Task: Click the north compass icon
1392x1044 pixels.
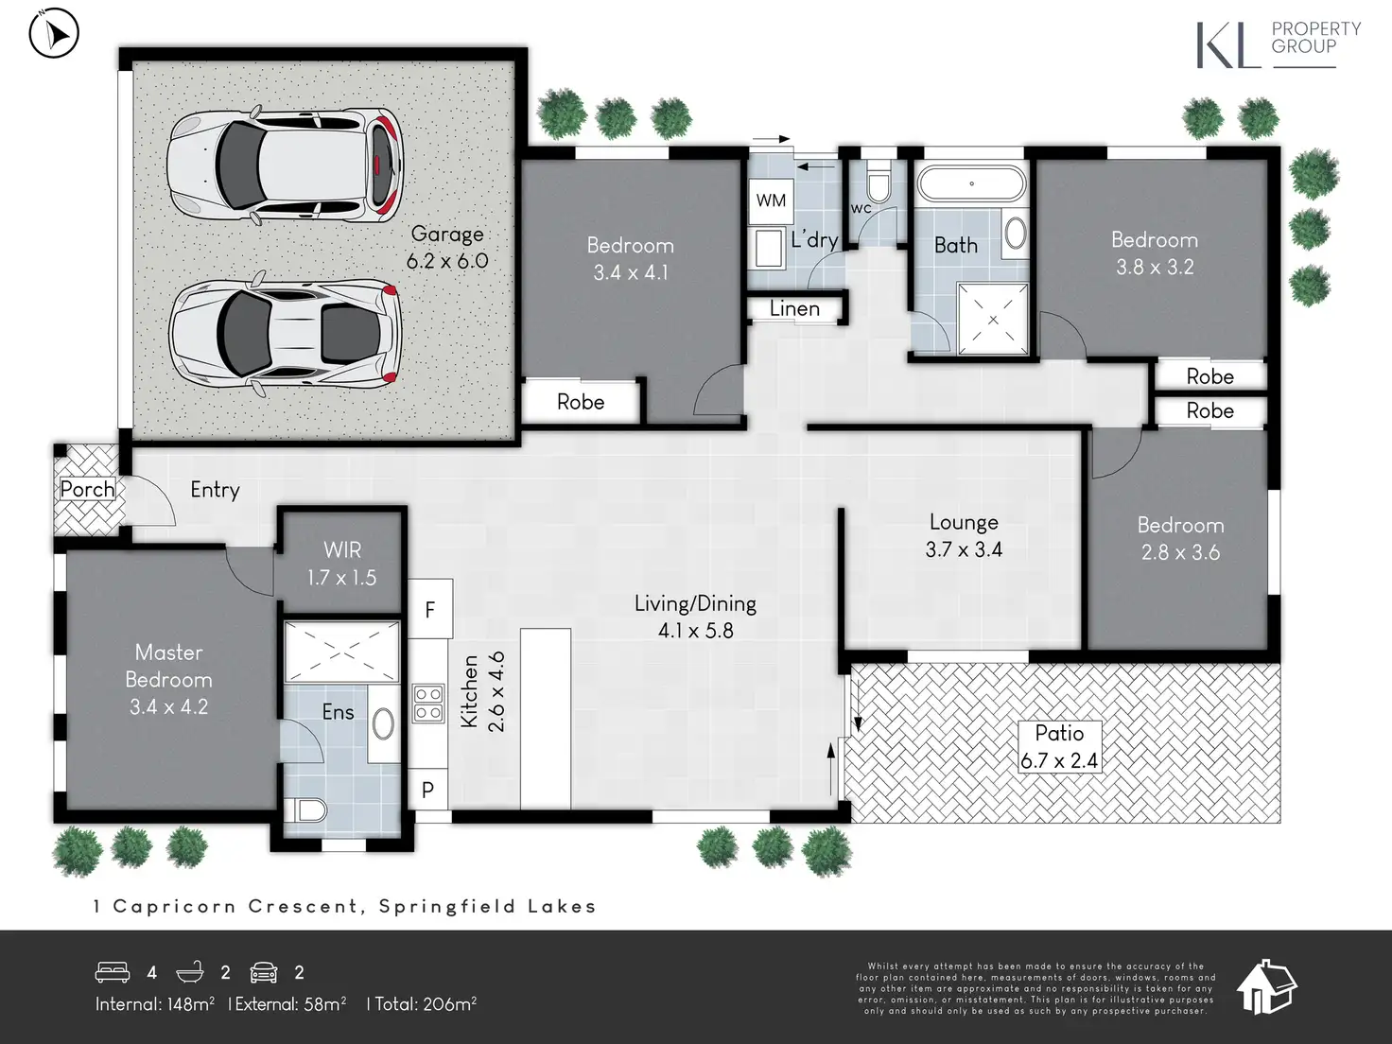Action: pyautogui.click(x=54, y=33)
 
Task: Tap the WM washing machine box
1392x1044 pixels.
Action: pyautogui.click(x=771, y=201)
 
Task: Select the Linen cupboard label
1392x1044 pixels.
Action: pyautogui.click(x=794, y=308)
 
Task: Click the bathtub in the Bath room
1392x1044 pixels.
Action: pyautogui.click(x=971, y=183)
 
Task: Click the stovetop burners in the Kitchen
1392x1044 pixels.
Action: pyautogui.click(x=428, y=703)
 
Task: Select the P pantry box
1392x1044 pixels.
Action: pyautogui.click(x=428, y=790)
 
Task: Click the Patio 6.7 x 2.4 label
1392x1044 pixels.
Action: pyautogui.click(x=1059, y=746)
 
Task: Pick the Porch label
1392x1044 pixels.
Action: pyautogui.click(x=88, y=489)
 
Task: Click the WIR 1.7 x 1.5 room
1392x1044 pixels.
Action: pyautogui.click(x=341, y=563)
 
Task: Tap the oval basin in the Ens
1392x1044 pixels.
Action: pyautogui.click(x=383, y=723)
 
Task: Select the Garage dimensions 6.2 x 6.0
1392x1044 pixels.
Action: pyautogui.click(x=447, y=260)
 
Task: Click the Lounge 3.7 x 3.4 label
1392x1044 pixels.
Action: pyautogui.click(x=964, y=535)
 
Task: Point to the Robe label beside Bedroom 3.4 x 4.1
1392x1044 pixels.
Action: pyautogui.click(x=581, y=402)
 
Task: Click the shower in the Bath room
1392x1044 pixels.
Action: pyautogui.click(x=993, y=319)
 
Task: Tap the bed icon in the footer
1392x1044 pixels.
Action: pyautogui.click(x=113, y=972)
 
